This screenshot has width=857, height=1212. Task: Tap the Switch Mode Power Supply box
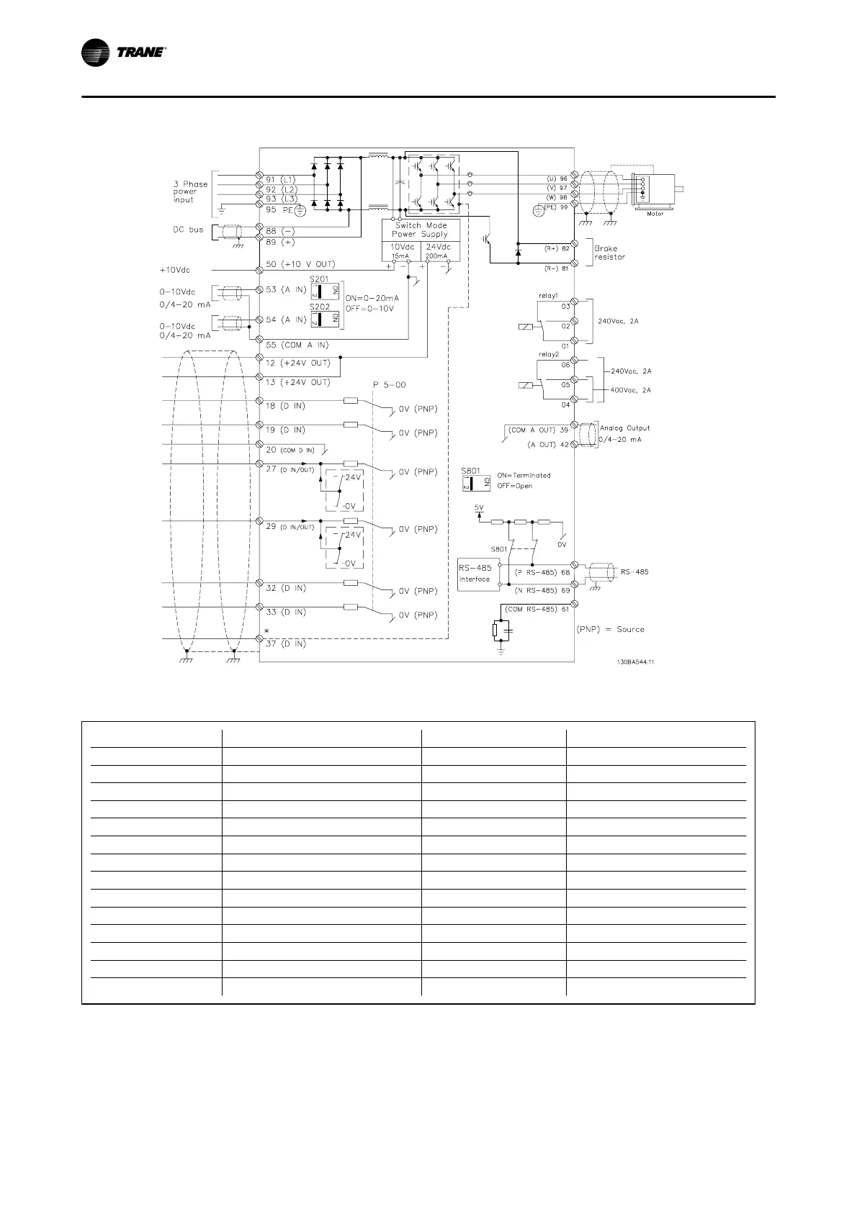tap(420, 230)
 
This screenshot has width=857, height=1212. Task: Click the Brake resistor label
tap(609, 253)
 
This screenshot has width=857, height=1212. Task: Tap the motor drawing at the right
tap(655, 191)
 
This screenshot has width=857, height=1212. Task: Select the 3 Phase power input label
tap(190, 191)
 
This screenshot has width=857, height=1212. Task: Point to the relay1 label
tap(549, 297)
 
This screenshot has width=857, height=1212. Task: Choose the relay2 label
tap(549, 354)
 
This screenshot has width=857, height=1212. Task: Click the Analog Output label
tap(624, 428)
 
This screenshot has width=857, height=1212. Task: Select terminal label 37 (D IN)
tap(286, 643)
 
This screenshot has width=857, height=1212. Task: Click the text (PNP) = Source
tap(611, 629)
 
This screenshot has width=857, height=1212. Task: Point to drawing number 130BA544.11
tap(631, 662)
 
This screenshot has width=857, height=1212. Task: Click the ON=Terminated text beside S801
tap(524, 475)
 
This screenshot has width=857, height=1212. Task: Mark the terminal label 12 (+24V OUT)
tap(298, 363)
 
